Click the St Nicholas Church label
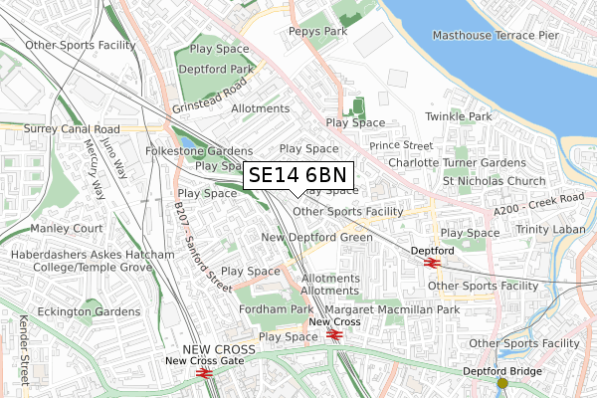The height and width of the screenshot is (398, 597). pos(495,181)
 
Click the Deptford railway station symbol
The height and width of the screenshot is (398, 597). pos(432,263)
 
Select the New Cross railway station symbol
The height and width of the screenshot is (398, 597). pos(335,334)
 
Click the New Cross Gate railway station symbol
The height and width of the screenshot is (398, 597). pos(204,372)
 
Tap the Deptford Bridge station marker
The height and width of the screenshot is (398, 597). pos(502,383)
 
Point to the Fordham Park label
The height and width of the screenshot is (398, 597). pos(275,309)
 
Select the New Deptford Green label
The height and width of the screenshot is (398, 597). pos(316,238)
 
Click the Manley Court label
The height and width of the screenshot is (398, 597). pos(67,228)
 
